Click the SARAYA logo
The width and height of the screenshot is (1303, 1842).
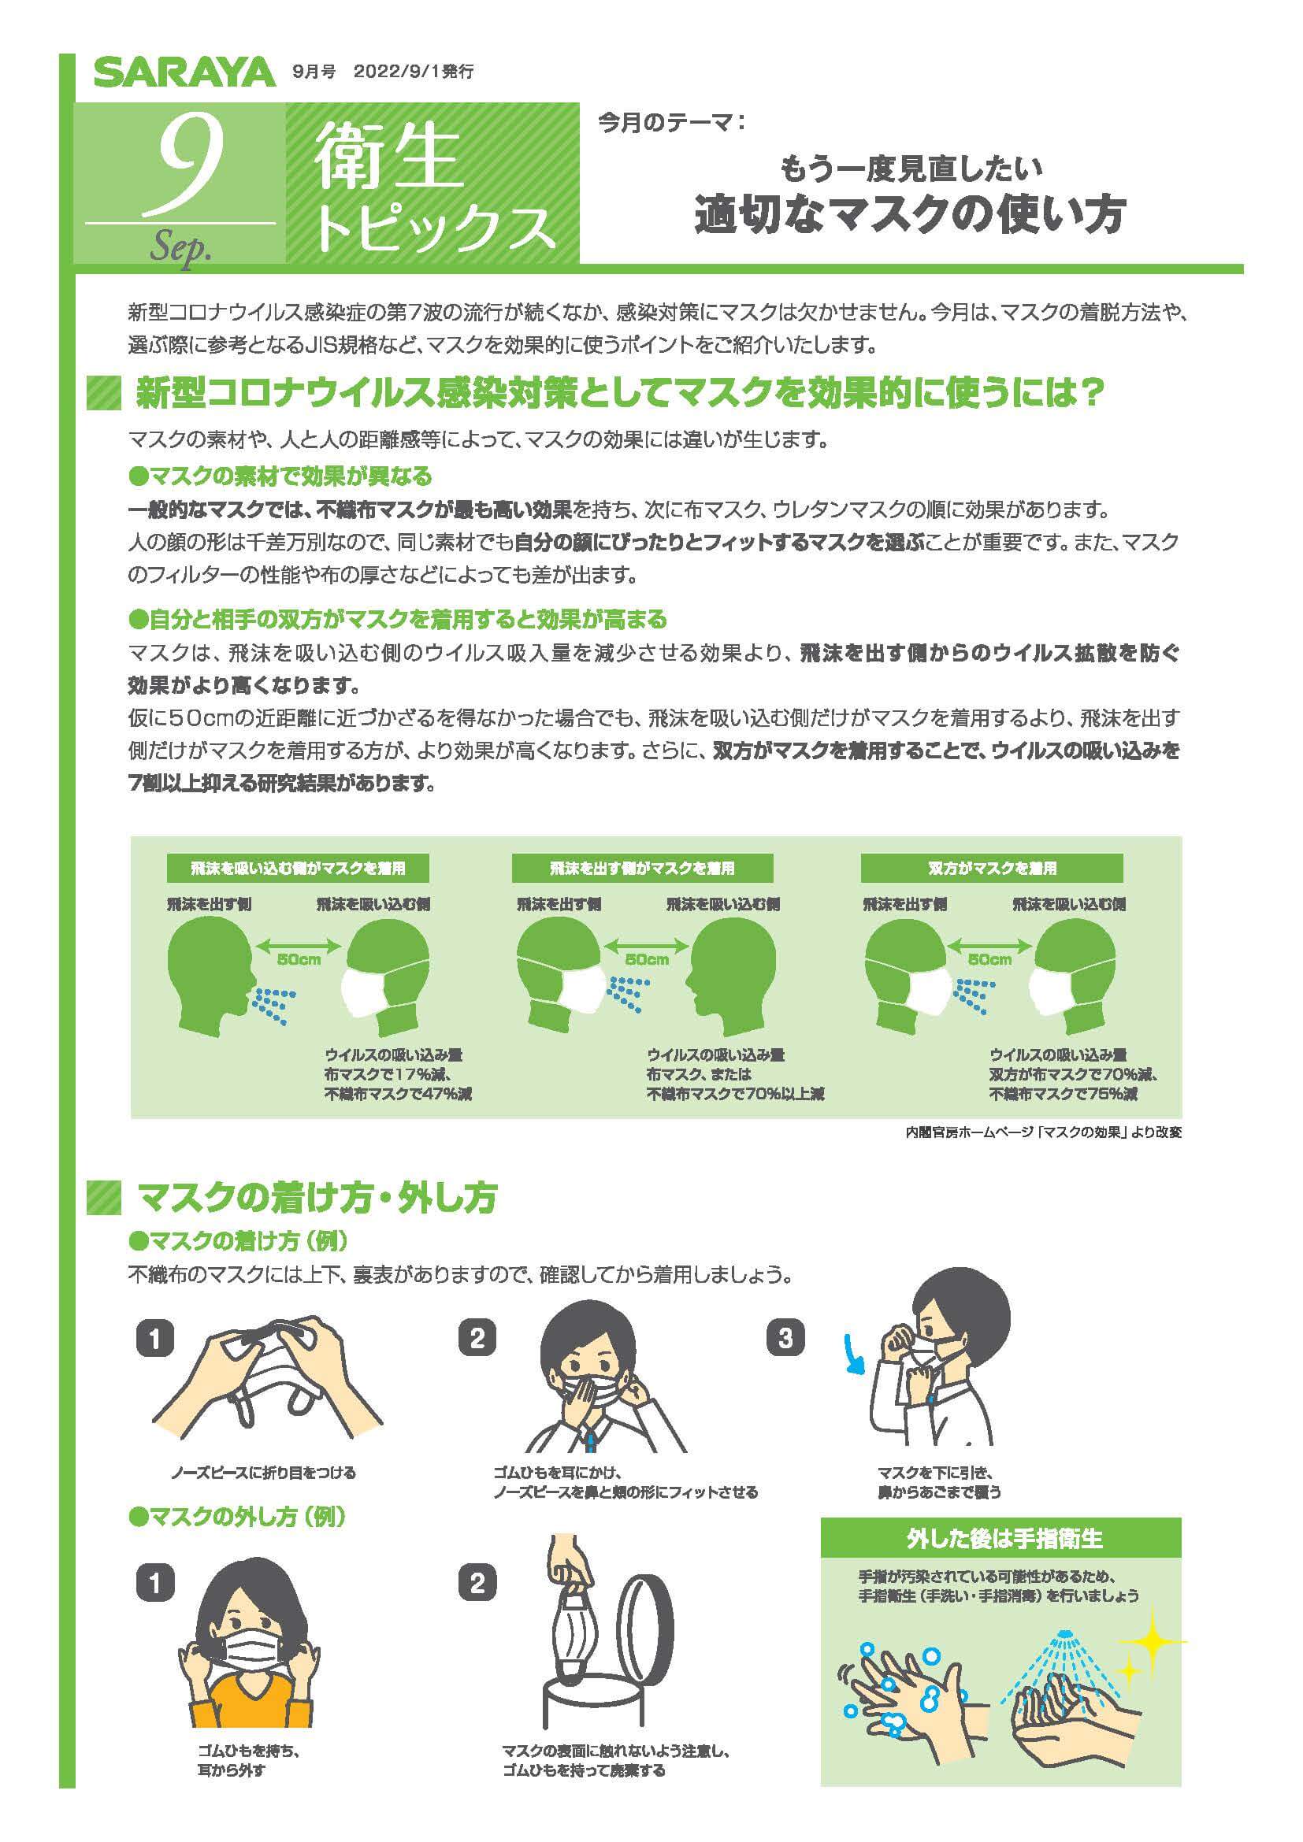tap(184, 73)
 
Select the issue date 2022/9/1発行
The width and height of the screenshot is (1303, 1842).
tap(414, 72)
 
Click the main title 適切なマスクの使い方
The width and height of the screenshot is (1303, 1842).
tap(910, 213)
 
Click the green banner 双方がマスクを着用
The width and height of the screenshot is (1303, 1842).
tap(992, 868)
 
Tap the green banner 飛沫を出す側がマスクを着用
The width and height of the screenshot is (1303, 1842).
tap(642, 868)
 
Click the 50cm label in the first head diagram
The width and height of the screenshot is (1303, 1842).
tap(299, 959)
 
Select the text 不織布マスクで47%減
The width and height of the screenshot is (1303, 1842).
tap(398, 1094)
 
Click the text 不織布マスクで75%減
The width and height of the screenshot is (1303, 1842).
tap(1062, 1094)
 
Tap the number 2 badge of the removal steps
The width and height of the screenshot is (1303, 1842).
tap(477, 1583)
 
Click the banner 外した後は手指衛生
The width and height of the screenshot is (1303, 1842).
tap(1004, 1538)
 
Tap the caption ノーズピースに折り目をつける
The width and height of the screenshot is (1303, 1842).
tap(262, 1473)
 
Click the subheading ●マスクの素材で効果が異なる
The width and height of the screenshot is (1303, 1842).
tap(280, 476)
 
